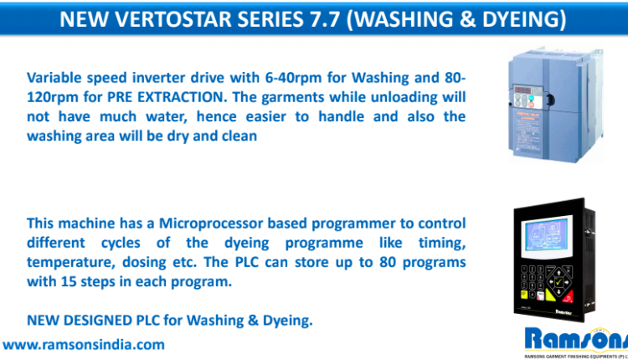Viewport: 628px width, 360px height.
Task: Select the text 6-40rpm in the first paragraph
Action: pos(294,77)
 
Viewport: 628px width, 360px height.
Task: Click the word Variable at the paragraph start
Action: pos(54,77)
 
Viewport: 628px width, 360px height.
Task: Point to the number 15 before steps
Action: pos(69,281)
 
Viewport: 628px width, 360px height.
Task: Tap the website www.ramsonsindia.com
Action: pos(84,345)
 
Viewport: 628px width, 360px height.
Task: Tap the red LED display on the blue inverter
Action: pos(522,91)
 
